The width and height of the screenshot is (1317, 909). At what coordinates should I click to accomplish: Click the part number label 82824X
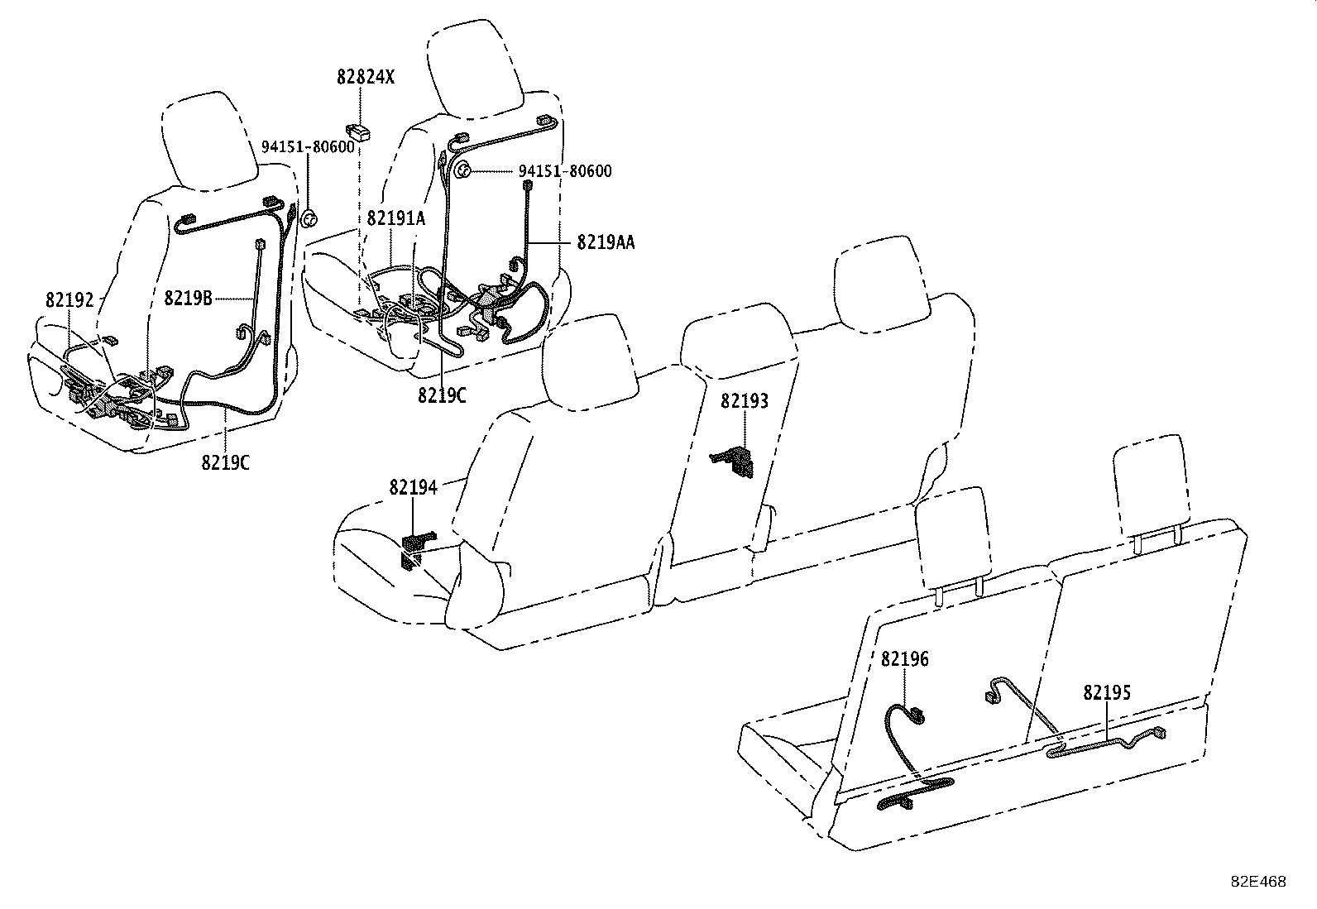[365, 78]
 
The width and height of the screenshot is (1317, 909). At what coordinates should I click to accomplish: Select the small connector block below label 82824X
[357, 131]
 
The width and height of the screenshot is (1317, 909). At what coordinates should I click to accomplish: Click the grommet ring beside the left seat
[309, 218]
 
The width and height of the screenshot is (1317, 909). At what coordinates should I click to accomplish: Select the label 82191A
[395, 218]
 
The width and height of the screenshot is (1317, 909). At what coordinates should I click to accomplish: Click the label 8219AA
[606, 242]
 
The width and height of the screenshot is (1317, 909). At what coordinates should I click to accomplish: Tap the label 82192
[71, 299]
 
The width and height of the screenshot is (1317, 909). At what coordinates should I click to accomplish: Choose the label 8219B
[188, 299]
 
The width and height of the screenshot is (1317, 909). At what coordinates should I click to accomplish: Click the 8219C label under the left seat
[225, 462]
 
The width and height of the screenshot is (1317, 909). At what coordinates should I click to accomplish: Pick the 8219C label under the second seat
[442, 395]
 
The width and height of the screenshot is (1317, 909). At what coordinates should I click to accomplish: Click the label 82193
[744, 401]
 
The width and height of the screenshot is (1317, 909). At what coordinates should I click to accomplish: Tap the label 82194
[413, 488]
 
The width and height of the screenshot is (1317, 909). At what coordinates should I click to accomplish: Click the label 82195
[1107, 692]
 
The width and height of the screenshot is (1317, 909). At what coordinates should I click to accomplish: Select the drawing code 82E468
[1257, 882]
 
